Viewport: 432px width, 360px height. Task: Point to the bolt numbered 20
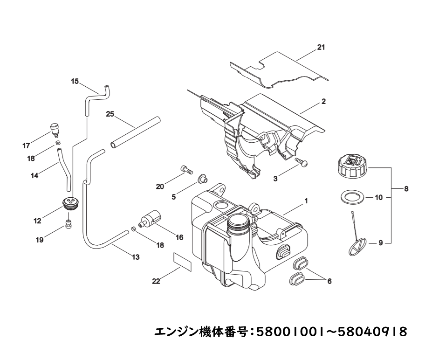tap(186, 170)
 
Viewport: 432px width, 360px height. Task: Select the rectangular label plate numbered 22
tap(182, 261)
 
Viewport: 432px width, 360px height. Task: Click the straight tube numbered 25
tap(135, 133)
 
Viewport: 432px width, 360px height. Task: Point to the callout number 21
tap(321, 48)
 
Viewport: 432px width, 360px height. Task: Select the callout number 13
tap(136, 256)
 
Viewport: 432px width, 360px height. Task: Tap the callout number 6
tap(329, 281)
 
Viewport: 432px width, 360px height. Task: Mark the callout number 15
tap(75, 81)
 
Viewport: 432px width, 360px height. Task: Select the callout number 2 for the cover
tap(323, 101)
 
